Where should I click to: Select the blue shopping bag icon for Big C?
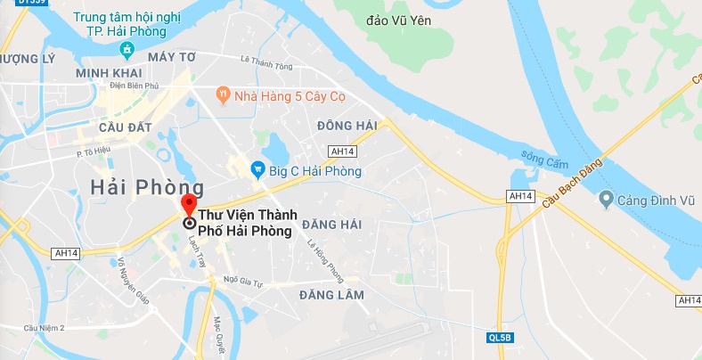pos(257,167)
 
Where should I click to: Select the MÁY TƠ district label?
pos(172,57)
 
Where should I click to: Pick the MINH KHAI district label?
pos(105,72)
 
